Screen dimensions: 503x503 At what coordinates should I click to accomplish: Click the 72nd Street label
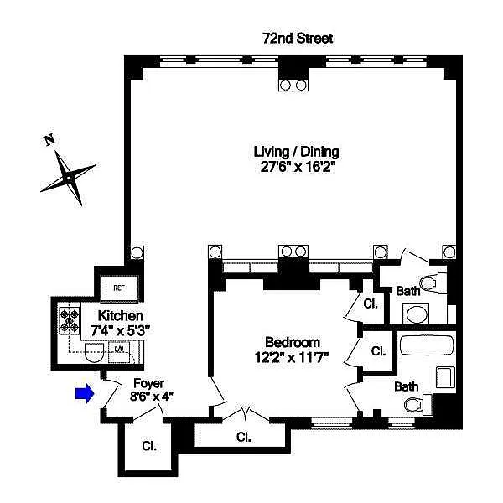298,39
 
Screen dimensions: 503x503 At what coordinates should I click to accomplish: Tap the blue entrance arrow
85,393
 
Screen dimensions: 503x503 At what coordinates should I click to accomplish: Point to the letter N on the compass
49,140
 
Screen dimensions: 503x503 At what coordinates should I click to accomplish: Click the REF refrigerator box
119,288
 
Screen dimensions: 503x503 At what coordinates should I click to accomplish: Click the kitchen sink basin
94,352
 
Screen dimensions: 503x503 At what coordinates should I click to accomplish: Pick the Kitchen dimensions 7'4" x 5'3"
120,330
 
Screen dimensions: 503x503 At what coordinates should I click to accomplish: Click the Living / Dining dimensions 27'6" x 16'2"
298,167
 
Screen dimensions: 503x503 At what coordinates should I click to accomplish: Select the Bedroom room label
293,342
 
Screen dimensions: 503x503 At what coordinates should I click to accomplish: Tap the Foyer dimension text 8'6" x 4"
152,397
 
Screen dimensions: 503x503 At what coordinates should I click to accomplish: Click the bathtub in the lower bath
427,345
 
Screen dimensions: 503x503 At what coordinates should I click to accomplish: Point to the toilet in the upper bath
433,283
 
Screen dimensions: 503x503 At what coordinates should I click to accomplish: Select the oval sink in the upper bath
416,314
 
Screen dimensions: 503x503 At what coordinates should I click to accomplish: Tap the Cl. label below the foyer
149,446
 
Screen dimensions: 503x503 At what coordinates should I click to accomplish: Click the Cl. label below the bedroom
243,437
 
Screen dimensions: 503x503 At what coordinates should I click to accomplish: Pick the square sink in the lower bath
446,377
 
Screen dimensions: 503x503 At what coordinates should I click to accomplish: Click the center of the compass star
69,178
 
